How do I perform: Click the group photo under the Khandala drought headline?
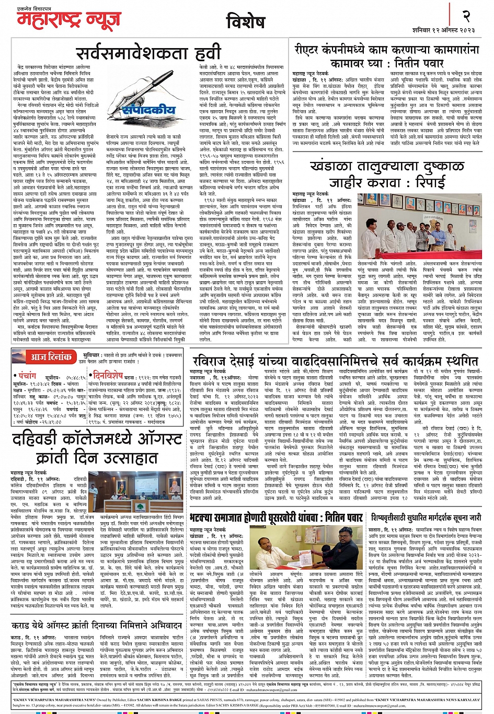pos(426,225)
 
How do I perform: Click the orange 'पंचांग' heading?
pos(27,375)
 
